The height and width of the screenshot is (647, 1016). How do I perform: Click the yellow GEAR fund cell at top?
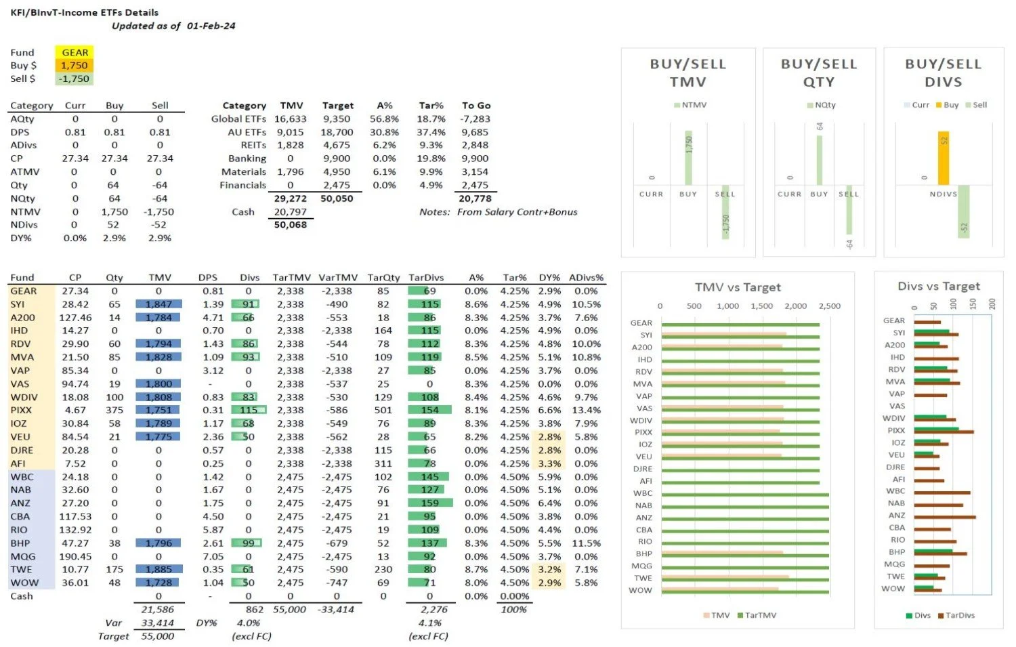tap(75, 52)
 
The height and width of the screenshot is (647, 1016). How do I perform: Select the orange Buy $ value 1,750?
tap(75, 66)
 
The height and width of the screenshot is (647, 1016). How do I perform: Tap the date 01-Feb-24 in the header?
tap(211, 26)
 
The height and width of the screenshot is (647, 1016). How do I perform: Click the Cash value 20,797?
tap(290, 211)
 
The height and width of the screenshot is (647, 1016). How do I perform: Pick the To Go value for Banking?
tap(474, 159)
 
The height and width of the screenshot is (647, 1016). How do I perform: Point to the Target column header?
tap(337, 106)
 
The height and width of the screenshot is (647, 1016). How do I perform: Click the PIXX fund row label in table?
tap(19, 410)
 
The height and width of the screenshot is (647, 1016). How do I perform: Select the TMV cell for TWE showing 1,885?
tap(158, 569)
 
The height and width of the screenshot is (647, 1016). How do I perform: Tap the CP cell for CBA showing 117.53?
tap(75, 516)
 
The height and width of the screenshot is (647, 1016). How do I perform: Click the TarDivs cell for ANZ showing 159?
tap(429, 503)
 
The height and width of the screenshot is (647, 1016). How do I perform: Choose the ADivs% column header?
tap(586, 278)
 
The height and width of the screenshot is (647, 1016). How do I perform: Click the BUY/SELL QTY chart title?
tap(819, 72)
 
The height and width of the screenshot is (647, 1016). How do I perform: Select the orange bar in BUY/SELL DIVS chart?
tap(943, 158)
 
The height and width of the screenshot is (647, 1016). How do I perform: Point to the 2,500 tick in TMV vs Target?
tap(829, 306)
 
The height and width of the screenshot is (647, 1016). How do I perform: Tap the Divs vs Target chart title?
tap(939, 286)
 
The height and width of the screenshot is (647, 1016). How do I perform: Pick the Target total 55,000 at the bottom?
tap(157, 636)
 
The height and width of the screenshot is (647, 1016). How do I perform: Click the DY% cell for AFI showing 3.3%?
tap(549, 463)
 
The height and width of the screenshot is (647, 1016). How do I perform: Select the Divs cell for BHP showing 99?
tap(248, 543)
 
